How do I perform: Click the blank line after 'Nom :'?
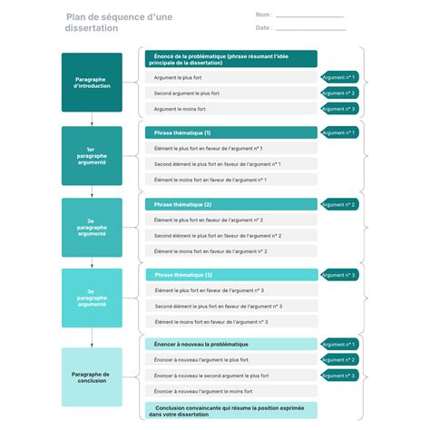(309, 16)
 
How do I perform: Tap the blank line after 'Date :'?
(309, 29)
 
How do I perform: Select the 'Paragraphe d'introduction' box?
(92, 83)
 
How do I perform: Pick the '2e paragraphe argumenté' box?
(92, 227)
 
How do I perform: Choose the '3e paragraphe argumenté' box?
(92, 298)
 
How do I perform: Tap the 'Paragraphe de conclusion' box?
(92, 376)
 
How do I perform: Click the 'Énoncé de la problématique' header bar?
(230, 59)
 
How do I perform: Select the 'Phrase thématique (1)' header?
(230, 132)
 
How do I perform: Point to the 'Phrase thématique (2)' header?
(230, 204)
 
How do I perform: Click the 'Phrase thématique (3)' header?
(230, 274)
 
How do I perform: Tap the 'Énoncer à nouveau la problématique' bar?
(230, 344)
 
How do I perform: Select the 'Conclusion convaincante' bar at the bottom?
(230, 410)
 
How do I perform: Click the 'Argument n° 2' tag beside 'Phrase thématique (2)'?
(338, 205)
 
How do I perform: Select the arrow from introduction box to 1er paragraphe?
(92, 119)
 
